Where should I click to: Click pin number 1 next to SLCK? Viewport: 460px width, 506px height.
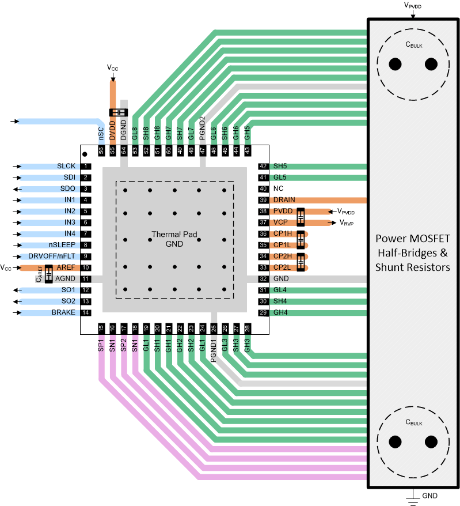(85, 166)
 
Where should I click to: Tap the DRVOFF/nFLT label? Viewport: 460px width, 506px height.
(52, 256)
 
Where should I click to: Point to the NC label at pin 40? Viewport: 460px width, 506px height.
(278, 188)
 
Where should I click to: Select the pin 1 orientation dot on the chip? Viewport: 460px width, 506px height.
(85, 154)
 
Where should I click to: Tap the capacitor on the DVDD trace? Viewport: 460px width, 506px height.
(117, 112)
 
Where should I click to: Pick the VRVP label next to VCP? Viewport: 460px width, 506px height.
(346, 223)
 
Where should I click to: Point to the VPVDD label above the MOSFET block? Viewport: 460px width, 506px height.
(413, 5)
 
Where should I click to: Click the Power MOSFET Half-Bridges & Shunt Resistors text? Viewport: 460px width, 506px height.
(413, 252)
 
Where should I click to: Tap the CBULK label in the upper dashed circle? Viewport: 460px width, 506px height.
(413, 45)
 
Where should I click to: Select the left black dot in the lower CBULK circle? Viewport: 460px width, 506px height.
(395, 441)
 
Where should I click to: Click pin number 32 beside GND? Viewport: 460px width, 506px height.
(263, 279)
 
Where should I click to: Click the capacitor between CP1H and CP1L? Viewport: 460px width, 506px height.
(300, 239)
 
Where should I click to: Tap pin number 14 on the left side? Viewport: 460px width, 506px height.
(85, 312)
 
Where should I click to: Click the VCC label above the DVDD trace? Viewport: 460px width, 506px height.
(113, 67)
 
